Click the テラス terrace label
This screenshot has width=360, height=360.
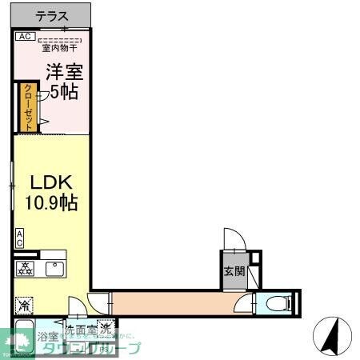click(x=52, y=16)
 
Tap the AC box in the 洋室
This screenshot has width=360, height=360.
click(x=24, y=37)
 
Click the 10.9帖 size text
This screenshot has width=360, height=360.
click(x=51, y=202)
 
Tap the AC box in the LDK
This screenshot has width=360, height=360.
click(x=19, y=238)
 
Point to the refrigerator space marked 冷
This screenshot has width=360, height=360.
click(x=24, y=305)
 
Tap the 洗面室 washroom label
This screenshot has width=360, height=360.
click(x=80, y=329)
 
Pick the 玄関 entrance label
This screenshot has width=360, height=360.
click(x=231, y=270)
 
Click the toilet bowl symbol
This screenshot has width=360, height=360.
click(x=275, y=303)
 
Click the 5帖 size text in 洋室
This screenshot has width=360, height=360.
click(x=63, y=91)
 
